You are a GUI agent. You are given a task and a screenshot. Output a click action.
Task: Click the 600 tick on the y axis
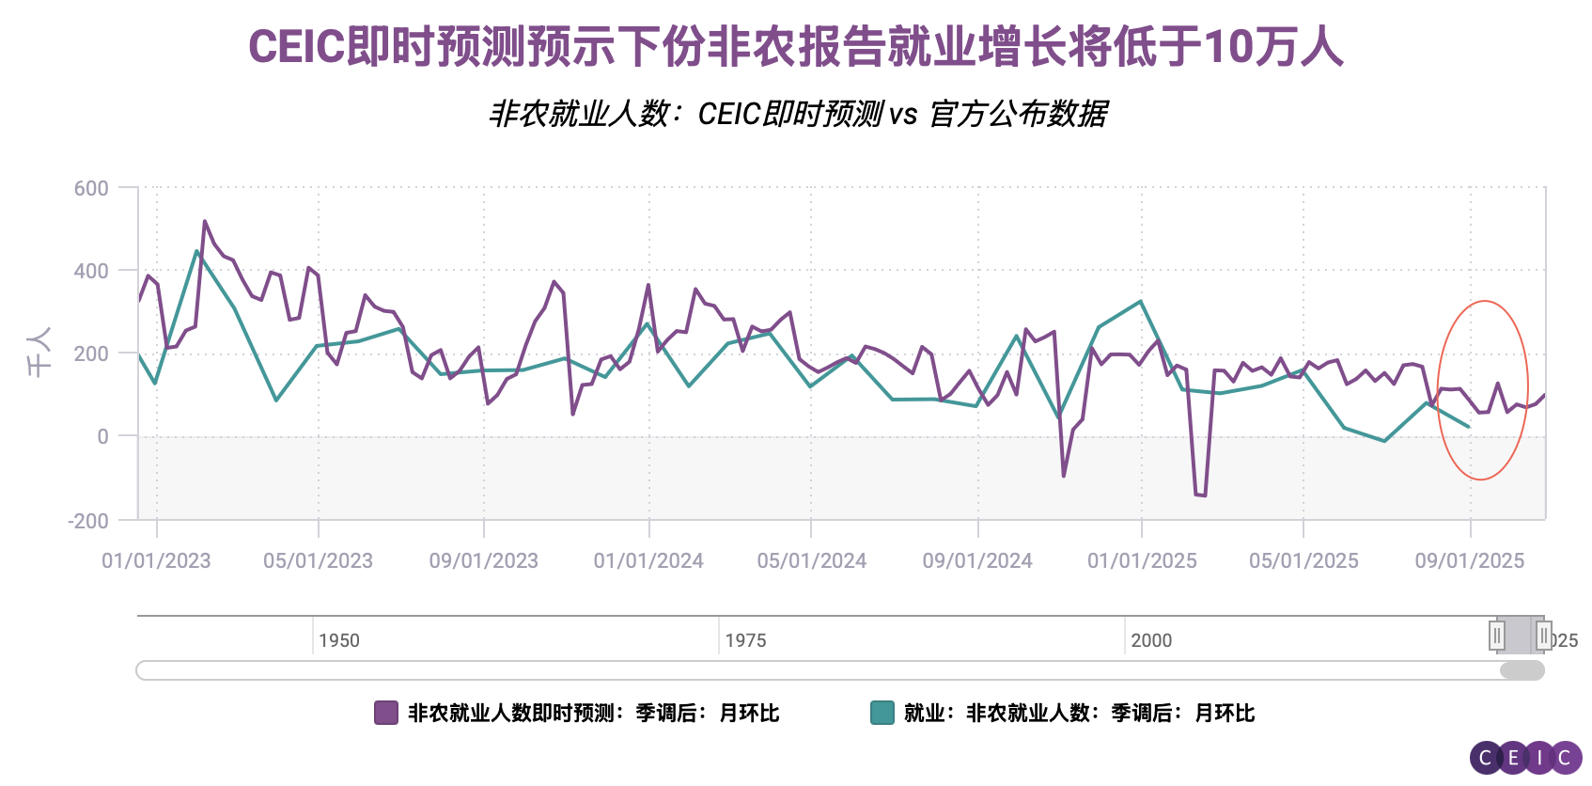coord(91,188)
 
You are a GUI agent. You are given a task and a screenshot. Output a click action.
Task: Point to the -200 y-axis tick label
coord(88,520)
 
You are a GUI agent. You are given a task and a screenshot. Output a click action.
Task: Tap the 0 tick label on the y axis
coord(102,436)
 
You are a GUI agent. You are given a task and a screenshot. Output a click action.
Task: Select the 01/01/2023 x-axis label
coord(156,561)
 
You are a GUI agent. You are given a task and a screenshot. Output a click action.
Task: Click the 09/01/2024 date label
coord(977,561)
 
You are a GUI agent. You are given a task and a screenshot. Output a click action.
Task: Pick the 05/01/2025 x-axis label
coord(1303,561)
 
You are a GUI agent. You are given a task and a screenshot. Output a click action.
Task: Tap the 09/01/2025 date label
coord(1470,561)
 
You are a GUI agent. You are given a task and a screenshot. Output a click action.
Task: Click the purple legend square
coord(385,713)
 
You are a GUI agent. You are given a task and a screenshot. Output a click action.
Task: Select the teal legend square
coord(882,713)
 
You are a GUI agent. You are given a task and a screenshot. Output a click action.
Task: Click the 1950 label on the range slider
coord(338,640)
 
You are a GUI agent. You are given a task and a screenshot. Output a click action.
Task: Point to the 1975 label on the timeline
coord(745,640)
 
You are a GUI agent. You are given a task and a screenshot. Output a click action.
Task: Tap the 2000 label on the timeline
coord(1151,640)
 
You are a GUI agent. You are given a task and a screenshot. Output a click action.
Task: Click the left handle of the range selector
coord(1497,636)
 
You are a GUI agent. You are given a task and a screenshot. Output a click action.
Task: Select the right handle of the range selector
coord(1543,636)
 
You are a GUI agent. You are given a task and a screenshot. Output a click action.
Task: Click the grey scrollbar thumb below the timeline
coord(1522,670)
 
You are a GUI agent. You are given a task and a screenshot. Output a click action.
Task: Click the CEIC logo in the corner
coord(1525,758)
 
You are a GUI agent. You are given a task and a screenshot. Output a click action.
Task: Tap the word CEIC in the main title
coord(296,47)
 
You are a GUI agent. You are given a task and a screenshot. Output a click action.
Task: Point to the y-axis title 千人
coord(39,353)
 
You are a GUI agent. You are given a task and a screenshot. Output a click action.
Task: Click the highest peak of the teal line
coord(196,251)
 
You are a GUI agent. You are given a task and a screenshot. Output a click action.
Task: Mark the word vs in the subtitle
coord(902,115)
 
